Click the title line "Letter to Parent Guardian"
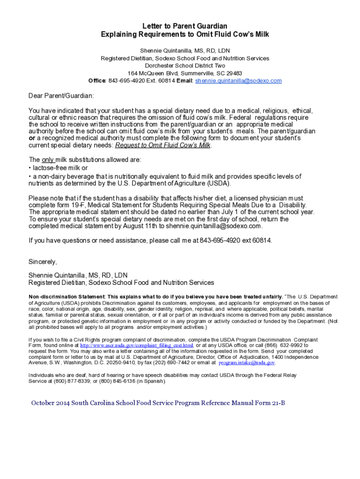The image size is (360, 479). [x=185, y=26]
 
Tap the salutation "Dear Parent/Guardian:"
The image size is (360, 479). [x=61, y=95]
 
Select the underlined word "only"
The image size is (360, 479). [x=48, y=160]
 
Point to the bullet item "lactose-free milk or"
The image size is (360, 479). [x=59, y=167]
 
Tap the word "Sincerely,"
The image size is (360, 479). [x=43, y=262]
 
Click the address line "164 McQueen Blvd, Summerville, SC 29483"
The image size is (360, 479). [x=185, y=73]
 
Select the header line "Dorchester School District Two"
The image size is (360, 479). [x=185, y=66]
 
